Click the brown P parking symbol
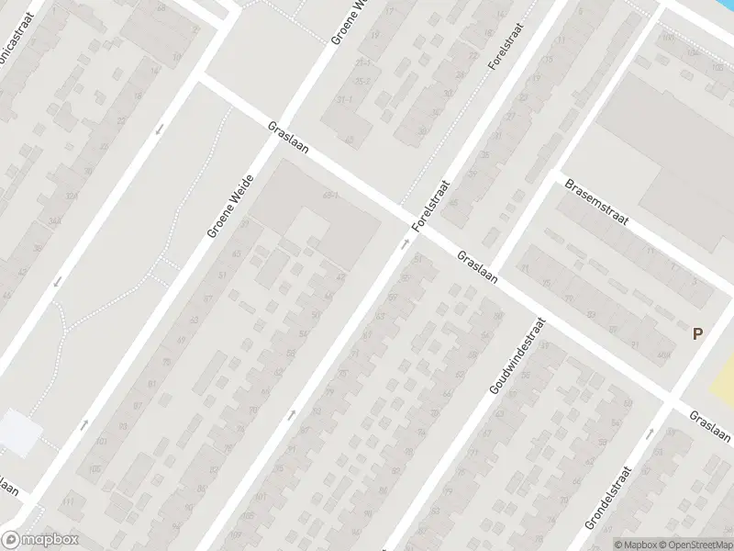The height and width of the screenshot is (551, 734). tap(697, 335)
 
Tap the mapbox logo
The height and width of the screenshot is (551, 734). tap(39, 540)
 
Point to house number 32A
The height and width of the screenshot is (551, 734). tap(71, 196)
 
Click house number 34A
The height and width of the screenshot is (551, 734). tap(30, 220)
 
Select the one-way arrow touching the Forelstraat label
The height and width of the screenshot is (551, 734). tap(404, 244)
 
